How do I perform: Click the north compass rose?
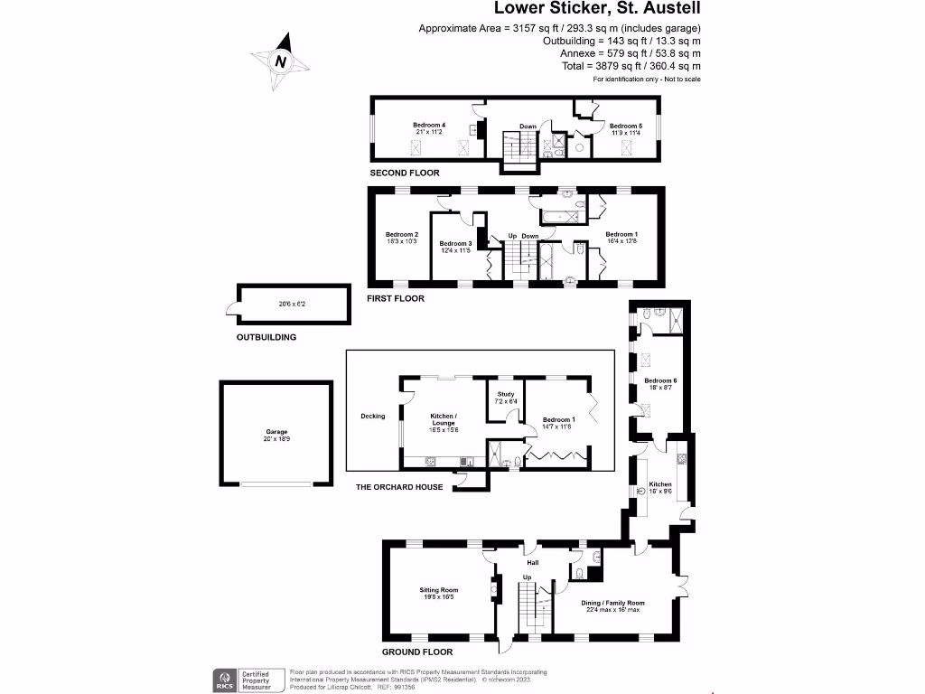(x=281, y=61)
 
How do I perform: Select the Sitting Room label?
(x=438, y=589)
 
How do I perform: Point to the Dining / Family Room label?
(x=612, y=603)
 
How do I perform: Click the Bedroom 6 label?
(x=660, y=380)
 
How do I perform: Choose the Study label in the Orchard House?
(x=505, y=394)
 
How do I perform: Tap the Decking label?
(x=372, y=417)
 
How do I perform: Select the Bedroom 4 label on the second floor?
(x=429, y=125)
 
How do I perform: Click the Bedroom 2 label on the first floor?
(x=401, y=235)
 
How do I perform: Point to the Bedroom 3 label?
(x=455, y=244)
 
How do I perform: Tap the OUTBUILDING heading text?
(x=266, y=337)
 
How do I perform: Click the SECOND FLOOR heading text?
(x=405, y=173)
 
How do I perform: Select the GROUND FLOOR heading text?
(x=417, y=651)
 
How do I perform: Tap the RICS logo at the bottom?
(x=223, y=680)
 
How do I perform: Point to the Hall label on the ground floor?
(x=533, y=562)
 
